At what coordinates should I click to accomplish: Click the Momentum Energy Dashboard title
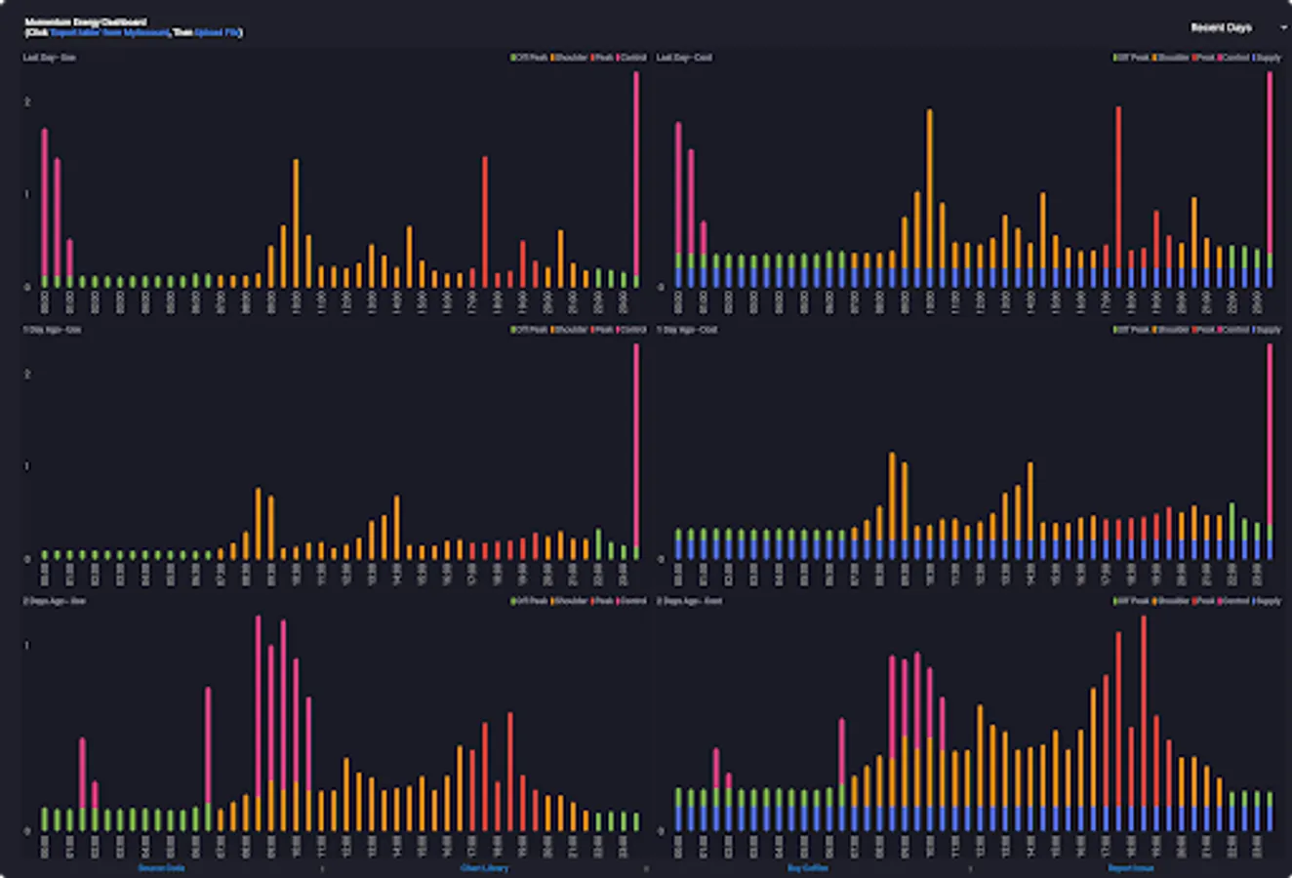point(86,21)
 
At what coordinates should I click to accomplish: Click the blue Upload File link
point(217,33)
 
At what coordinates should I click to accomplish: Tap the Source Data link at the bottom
point(161,867)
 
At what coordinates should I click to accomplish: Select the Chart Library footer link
point(484,867)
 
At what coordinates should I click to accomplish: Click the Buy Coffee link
point(807,867)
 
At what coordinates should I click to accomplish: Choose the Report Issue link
point(1130,867)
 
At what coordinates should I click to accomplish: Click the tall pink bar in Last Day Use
point(636,176)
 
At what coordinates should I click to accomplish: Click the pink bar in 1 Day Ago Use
point(636,449)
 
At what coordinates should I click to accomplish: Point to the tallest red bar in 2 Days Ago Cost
point(1143,712)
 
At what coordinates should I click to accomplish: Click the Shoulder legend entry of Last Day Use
point(570,58)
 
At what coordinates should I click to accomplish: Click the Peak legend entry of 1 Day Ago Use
point(603,330)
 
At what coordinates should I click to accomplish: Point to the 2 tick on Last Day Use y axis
point(27,101)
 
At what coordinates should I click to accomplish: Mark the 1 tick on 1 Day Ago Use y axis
point(27,466)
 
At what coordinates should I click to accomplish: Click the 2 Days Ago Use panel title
point(55,601)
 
